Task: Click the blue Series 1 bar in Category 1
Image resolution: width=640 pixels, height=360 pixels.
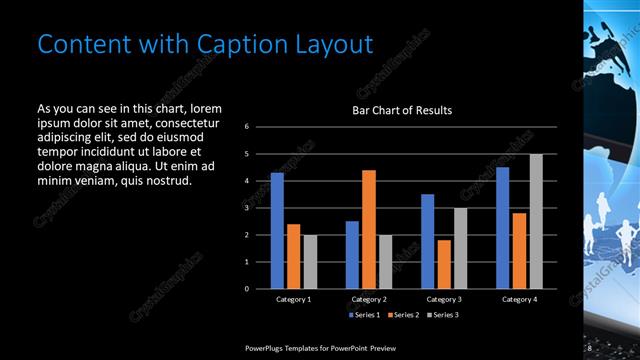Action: point(277,231)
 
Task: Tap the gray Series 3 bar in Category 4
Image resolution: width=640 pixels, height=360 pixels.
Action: point(536,221)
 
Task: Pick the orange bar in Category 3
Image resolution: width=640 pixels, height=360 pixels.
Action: point(443,264)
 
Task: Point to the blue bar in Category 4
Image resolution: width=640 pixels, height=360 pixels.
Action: point(502,228)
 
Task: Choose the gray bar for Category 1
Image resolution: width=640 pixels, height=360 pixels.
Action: point(309,262)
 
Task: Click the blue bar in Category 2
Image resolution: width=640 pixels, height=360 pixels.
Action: point(352,255)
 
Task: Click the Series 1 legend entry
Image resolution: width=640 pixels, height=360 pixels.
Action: point(363,315)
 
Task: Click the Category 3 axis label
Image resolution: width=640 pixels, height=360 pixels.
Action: point(443,299)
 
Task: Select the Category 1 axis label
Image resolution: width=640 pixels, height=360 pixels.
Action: point(293,299)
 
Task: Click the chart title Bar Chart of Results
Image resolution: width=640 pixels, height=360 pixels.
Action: point(402,110)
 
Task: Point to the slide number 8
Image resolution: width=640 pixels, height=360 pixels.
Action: point(590,347)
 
